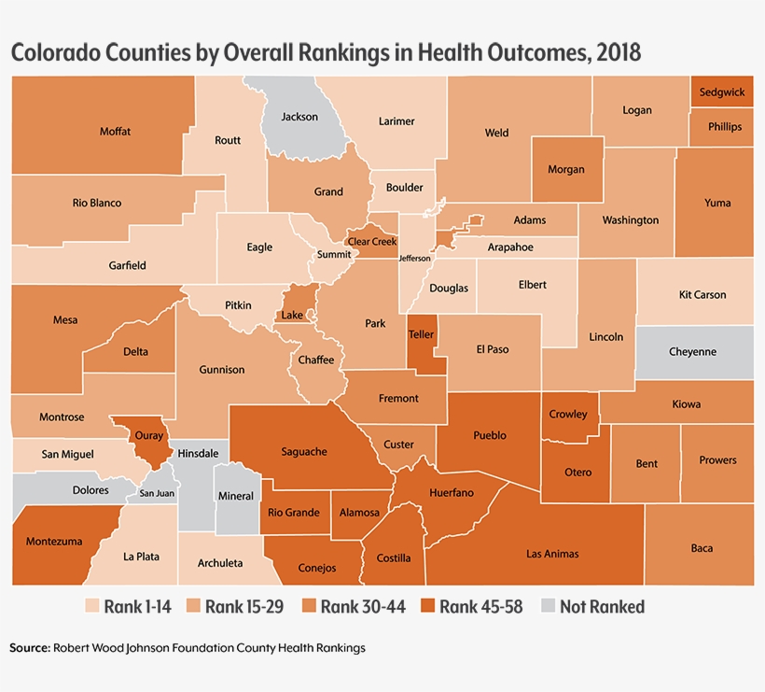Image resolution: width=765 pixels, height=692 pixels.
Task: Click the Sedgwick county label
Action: (x=721, y=92)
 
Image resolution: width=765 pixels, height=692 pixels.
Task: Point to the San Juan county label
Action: (x=157, y=493)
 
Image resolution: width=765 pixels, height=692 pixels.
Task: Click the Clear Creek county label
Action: (x=372, y=242)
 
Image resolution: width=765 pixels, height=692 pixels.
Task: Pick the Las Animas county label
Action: (x=552, y=554)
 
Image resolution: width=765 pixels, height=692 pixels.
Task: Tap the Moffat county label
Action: (x=115, y=132)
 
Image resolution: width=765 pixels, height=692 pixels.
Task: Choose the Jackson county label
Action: (x=299, y=117)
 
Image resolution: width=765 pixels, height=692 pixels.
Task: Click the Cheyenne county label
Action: (x=693, y=352)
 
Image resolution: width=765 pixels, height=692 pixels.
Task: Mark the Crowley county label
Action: (x=568, y=414)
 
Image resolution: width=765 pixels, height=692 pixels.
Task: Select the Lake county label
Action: (x=292, y=316)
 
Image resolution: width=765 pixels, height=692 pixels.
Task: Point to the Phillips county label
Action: (x=725, y=127)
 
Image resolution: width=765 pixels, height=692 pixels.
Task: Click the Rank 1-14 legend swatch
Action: (x=92, y=607)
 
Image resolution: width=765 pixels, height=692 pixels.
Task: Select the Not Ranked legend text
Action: (x=603, y=607)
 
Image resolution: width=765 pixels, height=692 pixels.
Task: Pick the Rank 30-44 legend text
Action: (x=363, y=607)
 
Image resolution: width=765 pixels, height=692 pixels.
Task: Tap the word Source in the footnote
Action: (x=29, y=647)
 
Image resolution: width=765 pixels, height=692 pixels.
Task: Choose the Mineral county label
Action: (x=234, y=496)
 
